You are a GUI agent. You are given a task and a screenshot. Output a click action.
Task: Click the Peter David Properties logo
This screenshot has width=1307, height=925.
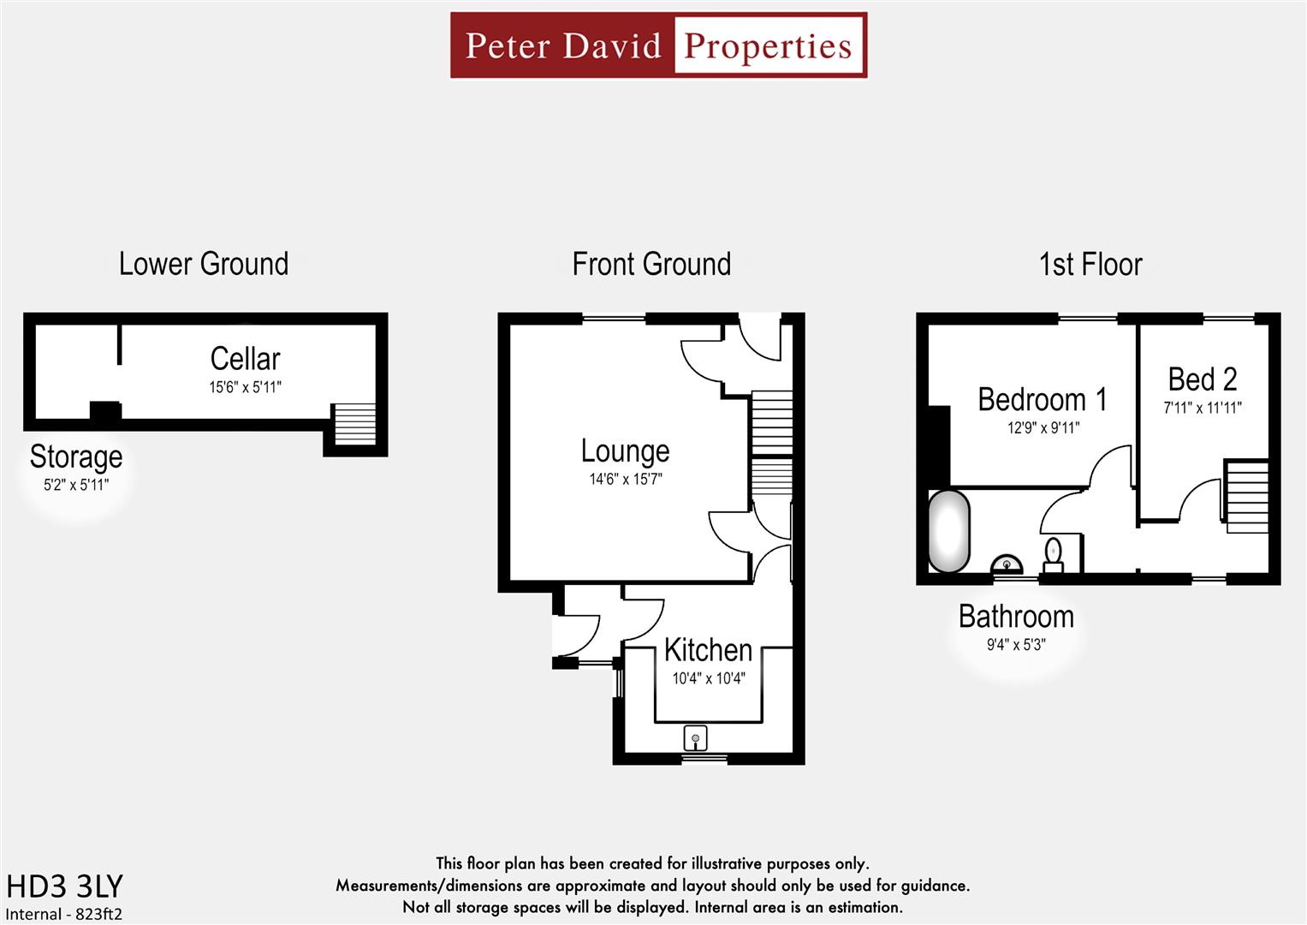[x=658, y=45]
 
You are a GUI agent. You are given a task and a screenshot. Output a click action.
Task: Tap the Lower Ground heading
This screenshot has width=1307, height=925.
[x=204, y=264]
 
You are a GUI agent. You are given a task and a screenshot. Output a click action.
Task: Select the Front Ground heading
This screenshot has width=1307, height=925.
[x=651, y=264]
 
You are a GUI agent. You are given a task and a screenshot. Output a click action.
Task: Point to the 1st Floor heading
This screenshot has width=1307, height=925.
[x=1090, y=264]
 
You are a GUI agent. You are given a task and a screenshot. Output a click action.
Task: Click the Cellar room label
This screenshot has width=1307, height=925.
[x=245, y=358]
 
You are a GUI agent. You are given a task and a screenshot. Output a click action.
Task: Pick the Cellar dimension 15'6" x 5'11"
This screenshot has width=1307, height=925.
[x=245, y=387]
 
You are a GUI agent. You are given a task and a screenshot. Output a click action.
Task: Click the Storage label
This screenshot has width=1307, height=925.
[x=76, y=457]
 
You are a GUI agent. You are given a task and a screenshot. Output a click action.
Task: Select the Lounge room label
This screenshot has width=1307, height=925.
[x=625, y=451]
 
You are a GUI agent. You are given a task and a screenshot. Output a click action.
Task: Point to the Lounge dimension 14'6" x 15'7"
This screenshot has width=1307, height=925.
[x=625, y=480]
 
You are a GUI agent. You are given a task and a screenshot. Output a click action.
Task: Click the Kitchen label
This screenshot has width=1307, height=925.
[x=708, y=650]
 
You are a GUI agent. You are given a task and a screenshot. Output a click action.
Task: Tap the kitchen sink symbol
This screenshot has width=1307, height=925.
[x=695, y=737]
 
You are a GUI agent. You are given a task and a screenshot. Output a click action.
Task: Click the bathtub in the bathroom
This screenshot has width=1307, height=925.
[x=949, y=531]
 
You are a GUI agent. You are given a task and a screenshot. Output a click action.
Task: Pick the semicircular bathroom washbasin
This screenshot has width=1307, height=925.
[x=1007, y=565]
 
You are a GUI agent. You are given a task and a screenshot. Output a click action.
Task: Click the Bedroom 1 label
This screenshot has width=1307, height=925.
[x=1042, y=399]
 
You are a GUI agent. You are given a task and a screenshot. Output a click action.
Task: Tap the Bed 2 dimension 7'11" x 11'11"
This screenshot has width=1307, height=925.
[x=1202, y=409]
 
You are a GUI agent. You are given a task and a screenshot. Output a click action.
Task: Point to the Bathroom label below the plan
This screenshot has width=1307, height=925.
[x=1016, y=617]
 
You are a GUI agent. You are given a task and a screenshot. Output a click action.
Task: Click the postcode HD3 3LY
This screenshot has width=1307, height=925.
[x=65, y=886]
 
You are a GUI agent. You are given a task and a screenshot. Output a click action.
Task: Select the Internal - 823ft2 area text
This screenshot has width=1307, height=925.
[x=64, y=914]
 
